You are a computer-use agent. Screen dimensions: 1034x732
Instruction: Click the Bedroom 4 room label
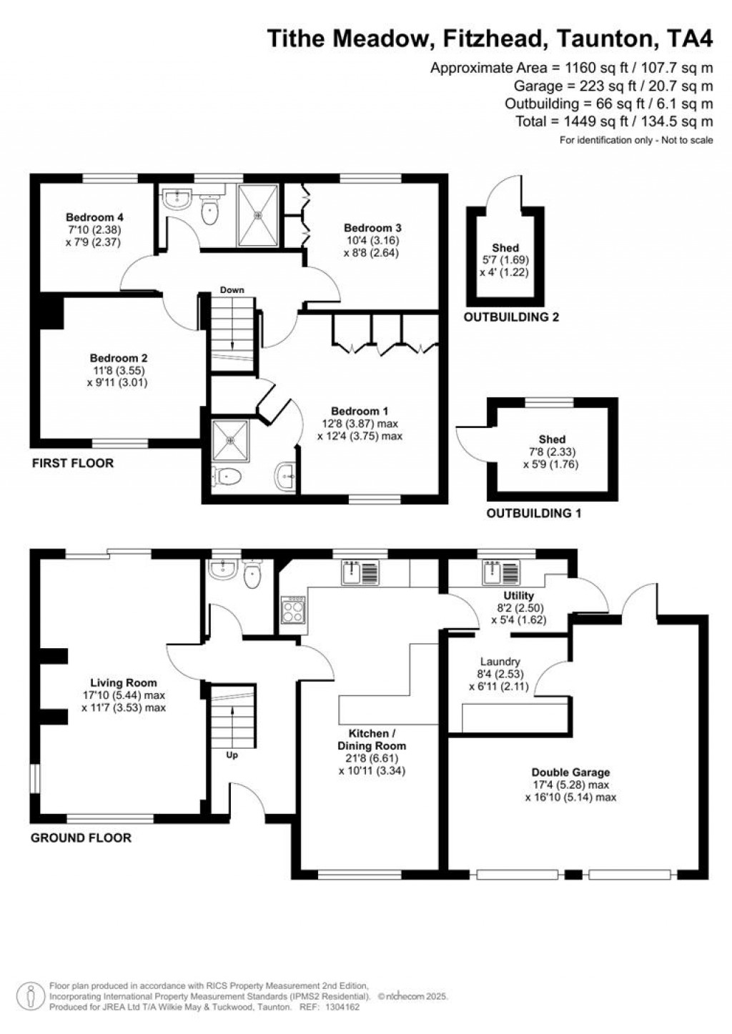[x=90, y=217]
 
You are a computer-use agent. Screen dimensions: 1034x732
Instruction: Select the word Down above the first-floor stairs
[x=232, y=290]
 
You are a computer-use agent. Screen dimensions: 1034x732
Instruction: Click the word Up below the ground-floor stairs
[x=232, y=755]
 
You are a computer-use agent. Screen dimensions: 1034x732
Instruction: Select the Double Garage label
[x=570, y=772]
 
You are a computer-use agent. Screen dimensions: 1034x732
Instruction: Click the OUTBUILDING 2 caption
[x=511, y=317]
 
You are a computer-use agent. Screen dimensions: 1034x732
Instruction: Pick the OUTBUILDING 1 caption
[x=533, y=513]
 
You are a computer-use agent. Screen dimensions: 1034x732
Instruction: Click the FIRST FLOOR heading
[x=73, y=463]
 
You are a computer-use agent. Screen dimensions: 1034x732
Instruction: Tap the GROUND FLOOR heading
[x=81, y=837]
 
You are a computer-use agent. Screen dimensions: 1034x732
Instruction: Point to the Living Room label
[x=123, y=682]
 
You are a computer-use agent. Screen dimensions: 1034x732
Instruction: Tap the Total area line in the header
[x=614, y=121]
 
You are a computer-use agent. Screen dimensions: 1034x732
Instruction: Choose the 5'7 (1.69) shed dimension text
[x=505, y=260]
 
